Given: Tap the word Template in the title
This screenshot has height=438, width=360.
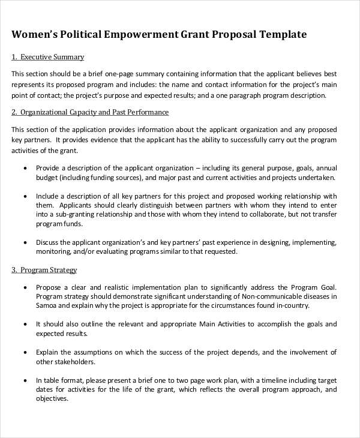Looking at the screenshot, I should pyautogui.click(x=283, y=34).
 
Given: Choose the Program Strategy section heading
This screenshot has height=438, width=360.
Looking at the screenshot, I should pyautogui.click(x=49, y=270).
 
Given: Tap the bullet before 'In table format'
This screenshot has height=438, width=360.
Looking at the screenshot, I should pyautogui.click(x=25, y=380).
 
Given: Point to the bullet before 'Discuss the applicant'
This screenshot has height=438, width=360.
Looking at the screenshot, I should pyautogui.click(x=25, y=243).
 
